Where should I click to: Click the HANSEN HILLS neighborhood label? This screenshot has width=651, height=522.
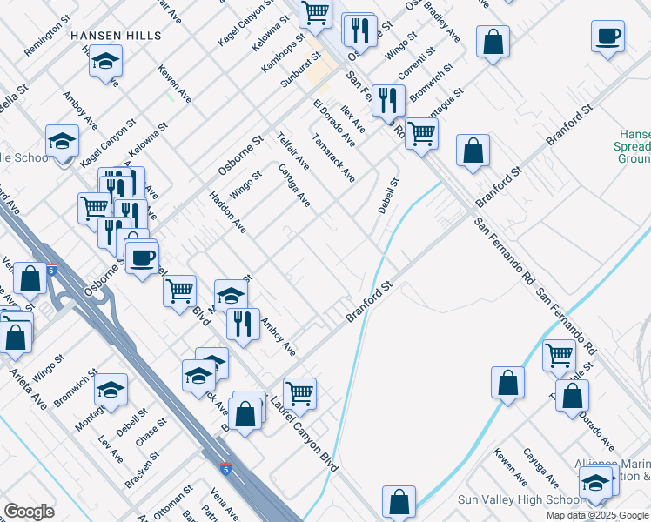(116, 36)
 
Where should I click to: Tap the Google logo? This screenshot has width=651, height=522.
(29, 512)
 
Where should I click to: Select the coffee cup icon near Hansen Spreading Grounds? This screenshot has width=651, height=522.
(607, 37)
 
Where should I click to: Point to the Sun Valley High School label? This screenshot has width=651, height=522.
(520, 500)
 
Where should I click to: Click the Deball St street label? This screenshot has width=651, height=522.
(388, 197)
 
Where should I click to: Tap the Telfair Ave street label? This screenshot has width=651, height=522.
(292, 151)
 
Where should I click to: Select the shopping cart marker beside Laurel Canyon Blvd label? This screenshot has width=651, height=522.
(299, 392)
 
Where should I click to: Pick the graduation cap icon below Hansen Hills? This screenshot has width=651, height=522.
(105, 62)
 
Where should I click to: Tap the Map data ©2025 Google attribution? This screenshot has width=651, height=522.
(597, 515)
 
